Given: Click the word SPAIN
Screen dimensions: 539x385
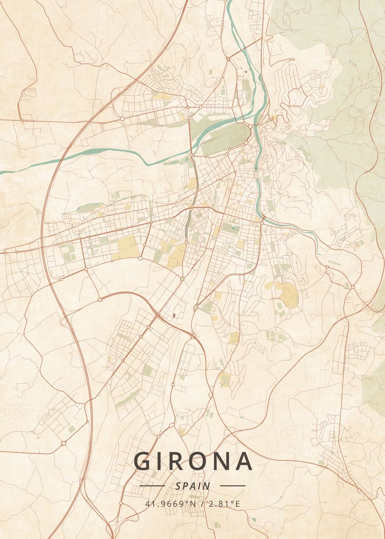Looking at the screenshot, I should click(193, 486).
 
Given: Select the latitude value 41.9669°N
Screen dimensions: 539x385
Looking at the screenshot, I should click(171, 504).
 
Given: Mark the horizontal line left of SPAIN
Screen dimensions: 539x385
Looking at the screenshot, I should click(152, 486).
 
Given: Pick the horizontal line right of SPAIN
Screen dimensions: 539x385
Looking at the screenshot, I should click(233, 486).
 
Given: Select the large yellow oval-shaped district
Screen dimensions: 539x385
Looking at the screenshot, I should click(290, 294).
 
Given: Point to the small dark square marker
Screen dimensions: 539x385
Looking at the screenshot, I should click(246, 71).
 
